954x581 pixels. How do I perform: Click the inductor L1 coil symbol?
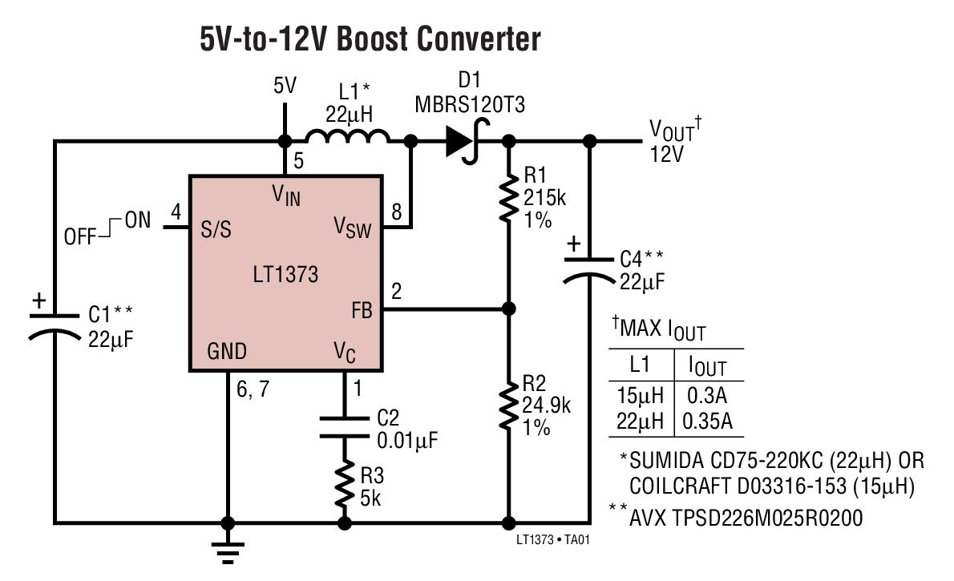pyautogui.click(x=347, y=138)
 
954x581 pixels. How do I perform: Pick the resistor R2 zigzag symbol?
pyautogui.click(x=508, y=406)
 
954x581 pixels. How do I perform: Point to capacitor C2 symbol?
pyautogui.click(x=346, y=426)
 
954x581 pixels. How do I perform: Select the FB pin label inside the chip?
pyautogui.click(x=362, y=311)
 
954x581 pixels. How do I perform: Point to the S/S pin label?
pyautogui.click(x=215, y=229)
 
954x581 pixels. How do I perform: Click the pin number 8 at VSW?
pyautogui.click(x=396, y=212)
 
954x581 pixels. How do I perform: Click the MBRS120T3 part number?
pyautogui.click(x=470, y=104)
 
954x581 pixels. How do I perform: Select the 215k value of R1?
pyautogui.click(x=544, y=198)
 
